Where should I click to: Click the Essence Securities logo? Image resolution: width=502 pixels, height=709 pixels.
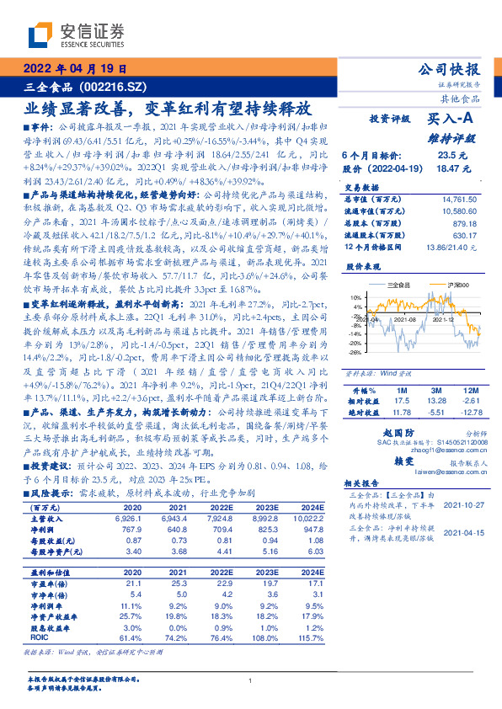coord(76,35)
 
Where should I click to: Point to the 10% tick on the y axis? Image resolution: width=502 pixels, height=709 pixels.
coord(355,298)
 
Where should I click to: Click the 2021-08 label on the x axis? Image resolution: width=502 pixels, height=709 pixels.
coord(407,319)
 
